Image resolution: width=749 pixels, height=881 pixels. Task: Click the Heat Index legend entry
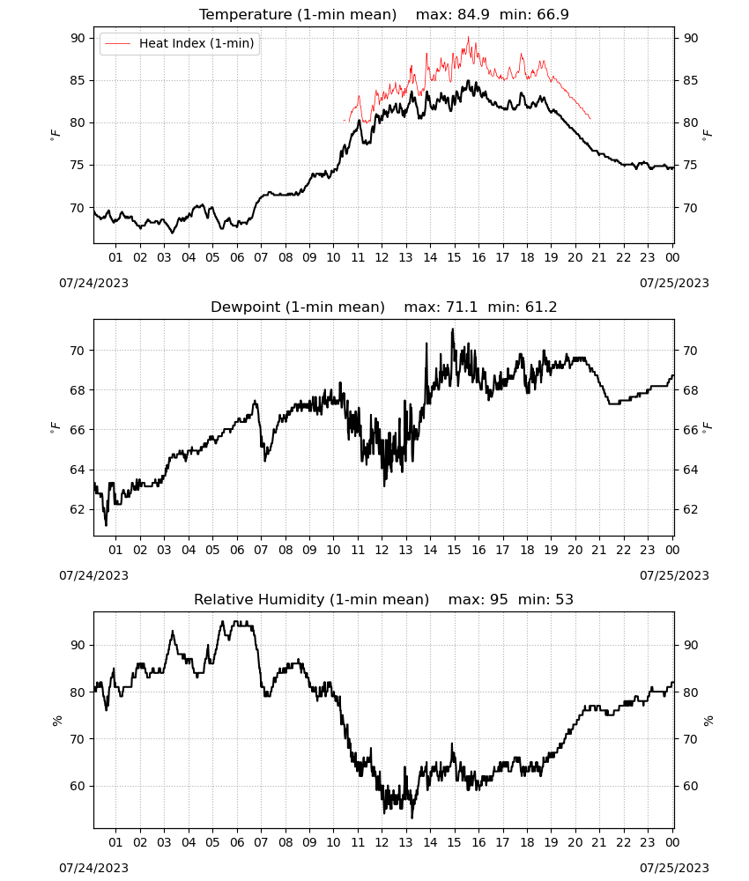[179, 43]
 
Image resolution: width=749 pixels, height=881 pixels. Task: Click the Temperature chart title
[298, 14]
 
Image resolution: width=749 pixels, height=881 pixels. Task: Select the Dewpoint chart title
[298, 307]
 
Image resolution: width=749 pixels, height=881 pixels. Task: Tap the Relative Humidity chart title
[311, 599]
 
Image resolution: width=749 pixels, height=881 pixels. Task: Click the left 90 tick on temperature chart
[78, 38]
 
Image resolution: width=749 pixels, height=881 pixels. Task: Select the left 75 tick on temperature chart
[78, 166]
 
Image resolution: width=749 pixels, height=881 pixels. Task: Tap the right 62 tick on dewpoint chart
[690, 509]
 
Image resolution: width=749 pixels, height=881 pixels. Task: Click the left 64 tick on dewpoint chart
[78, 470]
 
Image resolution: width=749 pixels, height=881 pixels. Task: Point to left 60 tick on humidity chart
[78, 786]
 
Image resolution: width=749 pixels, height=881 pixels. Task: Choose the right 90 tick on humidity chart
[690, 645]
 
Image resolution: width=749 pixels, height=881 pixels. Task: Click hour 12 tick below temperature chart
[382, 257]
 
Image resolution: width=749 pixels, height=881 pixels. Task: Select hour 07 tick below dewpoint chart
[261, 550]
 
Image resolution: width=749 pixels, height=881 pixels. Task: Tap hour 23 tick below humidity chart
[648, 842]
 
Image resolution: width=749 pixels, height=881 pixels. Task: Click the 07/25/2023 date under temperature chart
[674, 283]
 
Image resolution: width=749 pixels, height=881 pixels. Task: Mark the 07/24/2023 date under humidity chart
[93, 868]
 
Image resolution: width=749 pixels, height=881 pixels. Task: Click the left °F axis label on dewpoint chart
[55, 428]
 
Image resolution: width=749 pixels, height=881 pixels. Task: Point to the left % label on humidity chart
[56, 721]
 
